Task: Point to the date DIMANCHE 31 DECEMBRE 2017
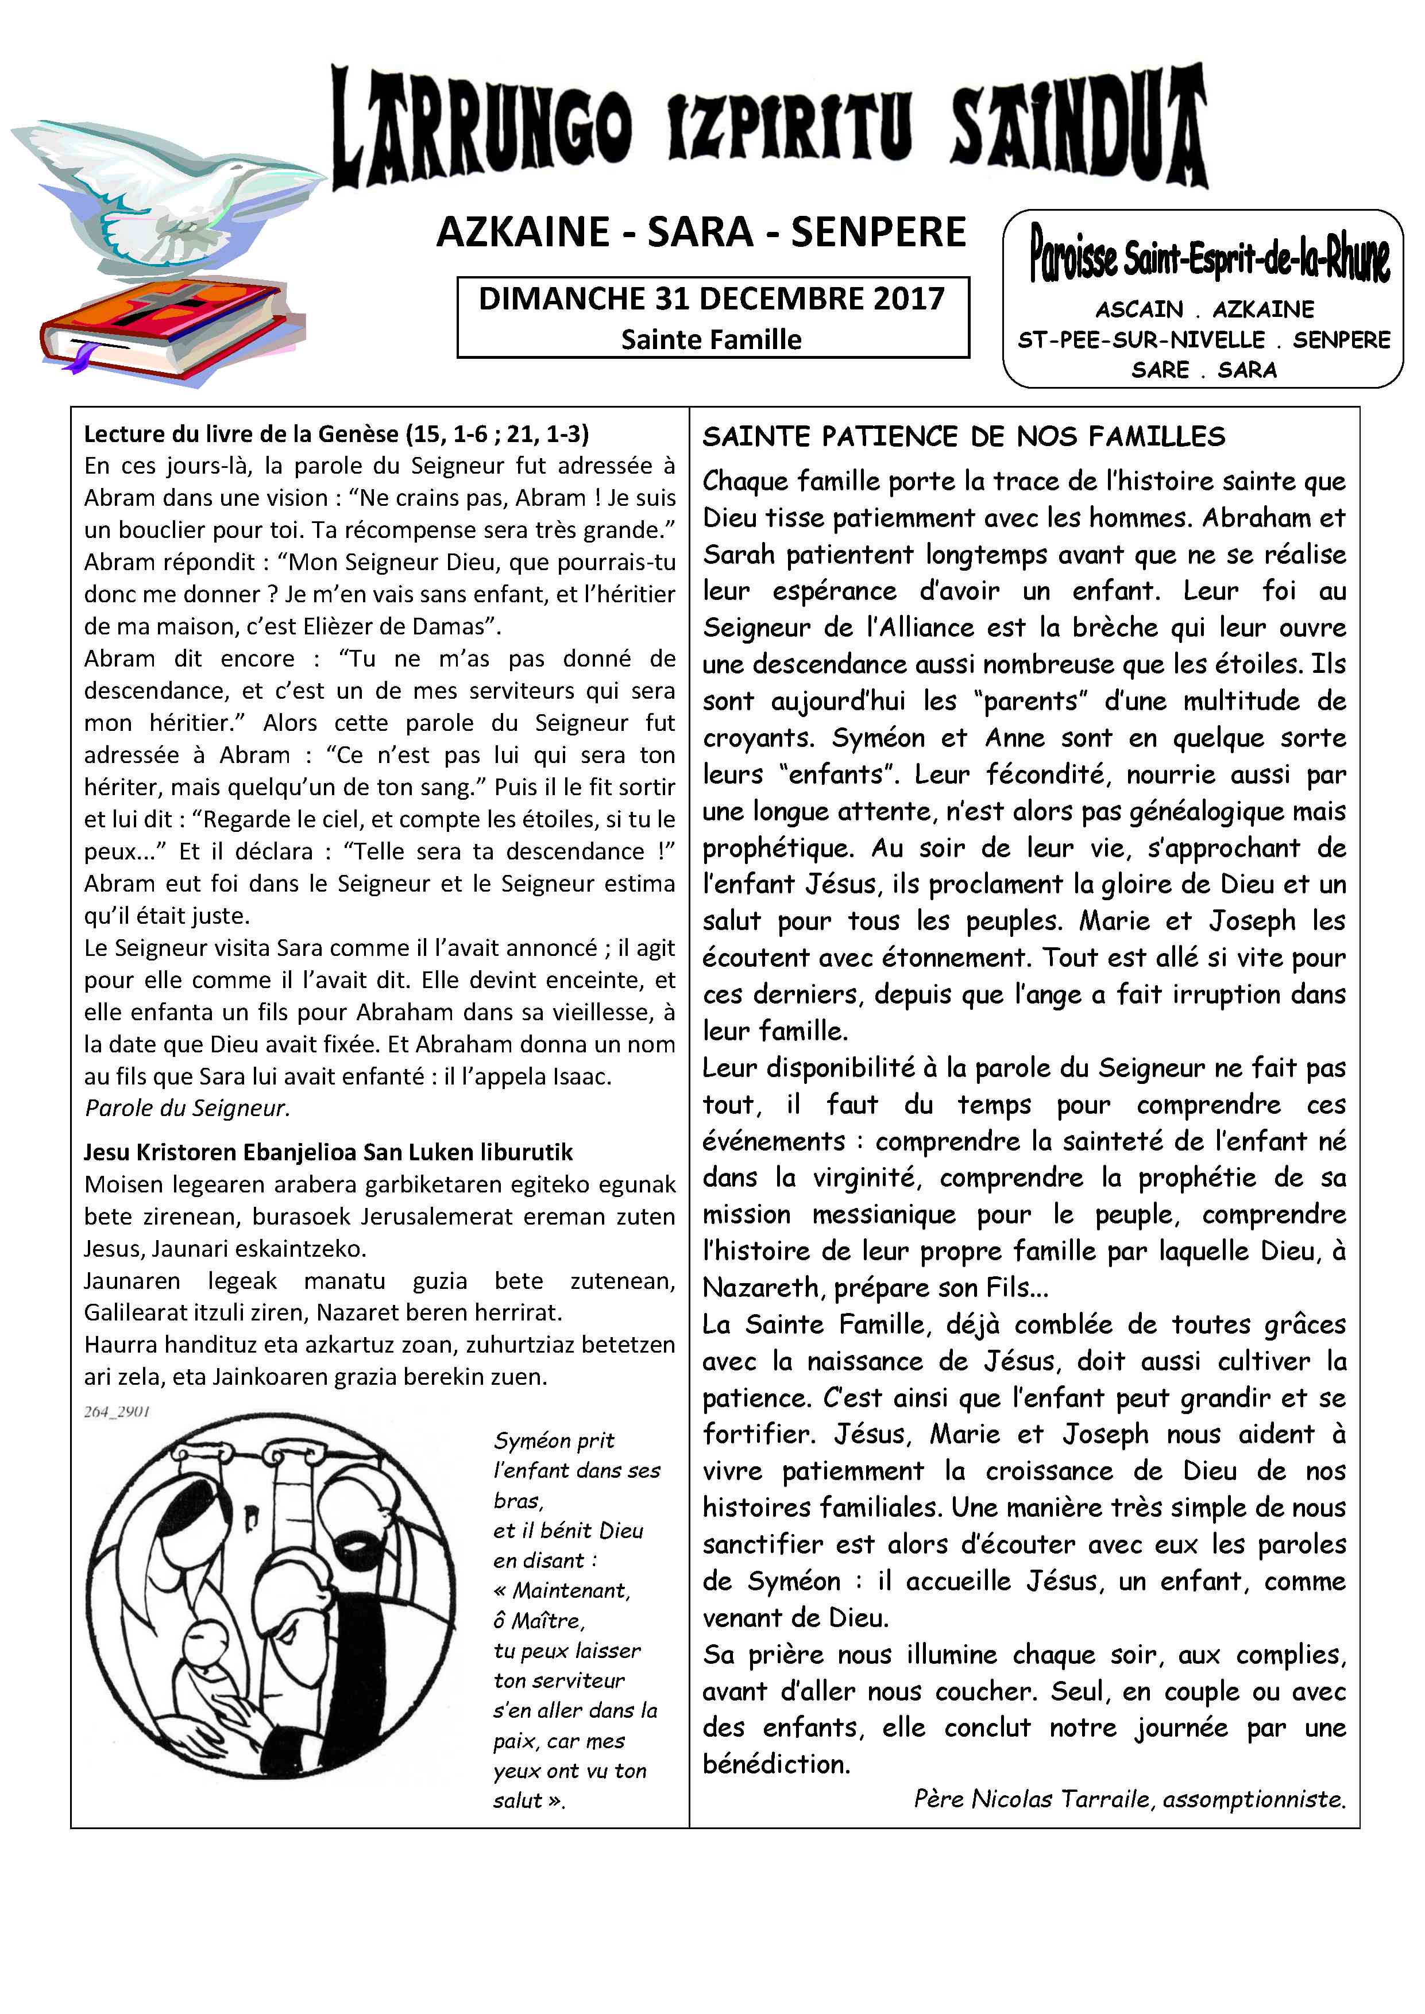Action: click(712, 299)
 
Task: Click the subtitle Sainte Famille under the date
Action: click(712, 339)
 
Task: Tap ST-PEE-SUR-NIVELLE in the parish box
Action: click(1141, 339)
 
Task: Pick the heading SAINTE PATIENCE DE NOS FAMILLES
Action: click(963, 437)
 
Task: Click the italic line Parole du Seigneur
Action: click(187, 1109)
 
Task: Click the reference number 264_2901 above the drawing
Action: click(117, 1411)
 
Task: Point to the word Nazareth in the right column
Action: click(763, 1288)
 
